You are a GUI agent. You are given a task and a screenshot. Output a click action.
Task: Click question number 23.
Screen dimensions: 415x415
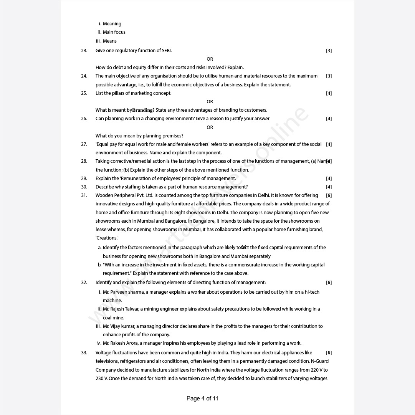click(x=84, y=51)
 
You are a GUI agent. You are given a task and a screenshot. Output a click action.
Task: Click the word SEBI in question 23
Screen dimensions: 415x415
click(x=166, y=51)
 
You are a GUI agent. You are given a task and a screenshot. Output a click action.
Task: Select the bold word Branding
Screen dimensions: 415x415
click(x=142, y=110)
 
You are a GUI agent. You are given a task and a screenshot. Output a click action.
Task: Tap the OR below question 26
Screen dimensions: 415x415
click(x=210, y=127)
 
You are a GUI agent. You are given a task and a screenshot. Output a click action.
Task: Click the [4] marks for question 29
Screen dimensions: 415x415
click(x=329, y=179)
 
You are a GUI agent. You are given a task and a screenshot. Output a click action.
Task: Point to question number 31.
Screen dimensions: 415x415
click(x=84, y=195)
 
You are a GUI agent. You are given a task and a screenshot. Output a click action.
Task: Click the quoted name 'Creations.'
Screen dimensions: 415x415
click(x=107, y=238)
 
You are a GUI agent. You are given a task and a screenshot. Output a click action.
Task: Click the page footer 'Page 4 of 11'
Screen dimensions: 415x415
click(x=202, y=398)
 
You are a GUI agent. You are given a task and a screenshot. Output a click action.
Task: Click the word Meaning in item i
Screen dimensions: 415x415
click(x=112, y=24)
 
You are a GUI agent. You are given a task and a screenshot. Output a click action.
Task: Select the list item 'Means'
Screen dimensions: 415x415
click(x=109, y=41)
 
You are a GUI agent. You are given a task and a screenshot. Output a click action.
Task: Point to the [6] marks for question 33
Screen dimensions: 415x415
click(x=329, y=353)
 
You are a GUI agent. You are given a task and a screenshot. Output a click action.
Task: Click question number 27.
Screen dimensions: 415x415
click(x=84, y=144)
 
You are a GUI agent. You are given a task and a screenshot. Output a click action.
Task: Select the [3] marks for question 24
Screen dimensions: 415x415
click(x=329, y=76)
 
